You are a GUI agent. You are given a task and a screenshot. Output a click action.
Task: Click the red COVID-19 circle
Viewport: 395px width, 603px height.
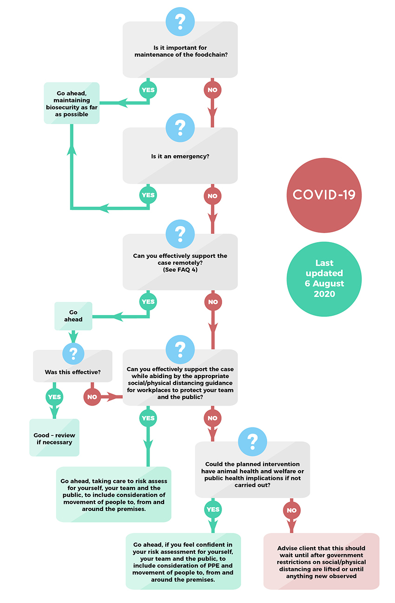[x=324, y=195]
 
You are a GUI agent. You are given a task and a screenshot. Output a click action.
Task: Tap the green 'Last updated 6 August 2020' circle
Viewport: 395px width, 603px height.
[x=324, y=279]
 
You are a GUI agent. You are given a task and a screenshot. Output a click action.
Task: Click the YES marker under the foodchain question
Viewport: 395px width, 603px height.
[x=148, y=90]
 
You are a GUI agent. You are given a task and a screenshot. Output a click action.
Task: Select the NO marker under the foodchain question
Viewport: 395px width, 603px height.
[x=212, y=90]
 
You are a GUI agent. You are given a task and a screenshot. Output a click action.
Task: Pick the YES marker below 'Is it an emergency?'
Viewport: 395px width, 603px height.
[x=148, y=195]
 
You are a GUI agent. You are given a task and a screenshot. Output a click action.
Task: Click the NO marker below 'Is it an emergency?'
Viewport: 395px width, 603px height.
[x=212, y=196]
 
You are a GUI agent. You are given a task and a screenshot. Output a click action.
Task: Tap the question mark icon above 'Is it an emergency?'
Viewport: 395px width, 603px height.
[x=180, y=127]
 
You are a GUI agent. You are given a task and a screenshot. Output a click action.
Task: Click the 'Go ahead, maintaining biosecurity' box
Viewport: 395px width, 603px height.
[x=72, y=103]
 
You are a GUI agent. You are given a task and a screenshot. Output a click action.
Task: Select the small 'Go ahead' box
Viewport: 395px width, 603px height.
[x=73, y=316]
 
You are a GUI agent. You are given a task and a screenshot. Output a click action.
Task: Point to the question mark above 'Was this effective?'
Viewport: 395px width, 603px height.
[x=73, y=353]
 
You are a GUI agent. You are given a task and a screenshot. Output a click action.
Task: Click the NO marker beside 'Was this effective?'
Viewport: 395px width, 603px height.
[x=92, y=397]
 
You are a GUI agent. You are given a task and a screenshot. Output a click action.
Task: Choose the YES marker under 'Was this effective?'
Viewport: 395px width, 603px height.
[x=54, y=397]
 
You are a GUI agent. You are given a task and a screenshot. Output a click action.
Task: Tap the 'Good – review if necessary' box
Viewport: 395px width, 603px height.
[x=54, y=438]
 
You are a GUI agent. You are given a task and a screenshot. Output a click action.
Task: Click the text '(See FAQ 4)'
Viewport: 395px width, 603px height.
[x=180, y=270]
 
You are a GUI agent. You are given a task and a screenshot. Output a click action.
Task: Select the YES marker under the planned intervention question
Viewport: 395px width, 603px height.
[x=213, y=509]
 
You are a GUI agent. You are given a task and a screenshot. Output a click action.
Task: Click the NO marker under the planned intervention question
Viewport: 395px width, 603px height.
[x=292, y=510]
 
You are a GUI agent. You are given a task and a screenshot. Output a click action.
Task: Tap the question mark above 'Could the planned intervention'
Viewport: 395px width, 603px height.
[x=252, y=441]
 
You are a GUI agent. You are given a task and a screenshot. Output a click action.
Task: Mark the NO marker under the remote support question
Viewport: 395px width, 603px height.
[x=213, y=302]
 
